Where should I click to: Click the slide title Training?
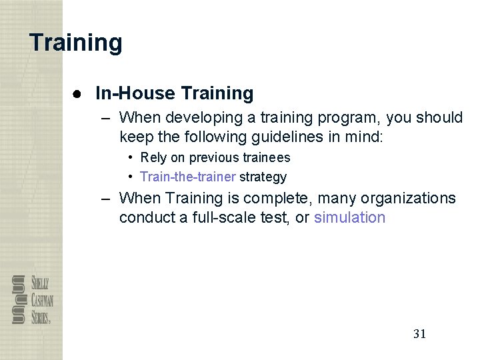pos(76,43)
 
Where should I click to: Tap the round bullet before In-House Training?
pos(78,93)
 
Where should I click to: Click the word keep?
pos(136,137)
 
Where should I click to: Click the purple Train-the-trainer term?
pos(188,177)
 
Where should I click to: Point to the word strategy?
pos(263,177)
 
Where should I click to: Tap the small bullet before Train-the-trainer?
pos(132,177)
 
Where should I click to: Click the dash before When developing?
pos(107,118)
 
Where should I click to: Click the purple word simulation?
pos(349,218)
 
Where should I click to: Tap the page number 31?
pos(419,334)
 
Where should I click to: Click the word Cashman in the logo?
pos(41,299)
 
